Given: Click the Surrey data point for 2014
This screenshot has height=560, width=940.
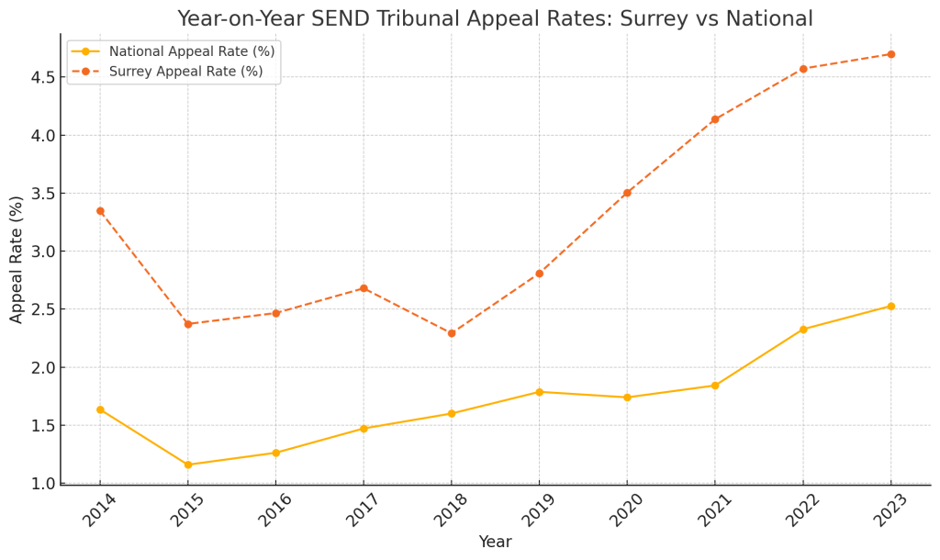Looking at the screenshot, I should [x=100, y=211].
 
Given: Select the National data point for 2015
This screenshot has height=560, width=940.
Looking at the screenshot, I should [x=188, y=465].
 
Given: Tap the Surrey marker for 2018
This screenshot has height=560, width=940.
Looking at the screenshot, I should [x=452, y=333].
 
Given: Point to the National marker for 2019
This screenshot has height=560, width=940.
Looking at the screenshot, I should [x=539, y=392].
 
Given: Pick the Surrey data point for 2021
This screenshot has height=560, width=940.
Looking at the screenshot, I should [x=715, y=119].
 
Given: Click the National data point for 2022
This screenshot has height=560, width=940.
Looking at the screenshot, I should [x=803, y=330].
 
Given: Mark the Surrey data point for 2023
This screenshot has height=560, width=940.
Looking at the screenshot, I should [x=890, y=54].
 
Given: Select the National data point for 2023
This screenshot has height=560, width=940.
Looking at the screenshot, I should [x=890, y=306].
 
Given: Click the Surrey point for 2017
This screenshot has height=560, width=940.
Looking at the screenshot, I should [x=364, y=288].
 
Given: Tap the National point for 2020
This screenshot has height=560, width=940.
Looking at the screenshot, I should [x=627, y=398].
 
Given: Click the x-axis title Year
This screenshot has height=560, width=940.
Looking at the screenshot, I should [x=495, y=543].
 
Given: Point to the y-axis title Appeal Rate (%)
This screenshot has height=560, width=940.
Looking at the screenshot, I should [x=17, y=259].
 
